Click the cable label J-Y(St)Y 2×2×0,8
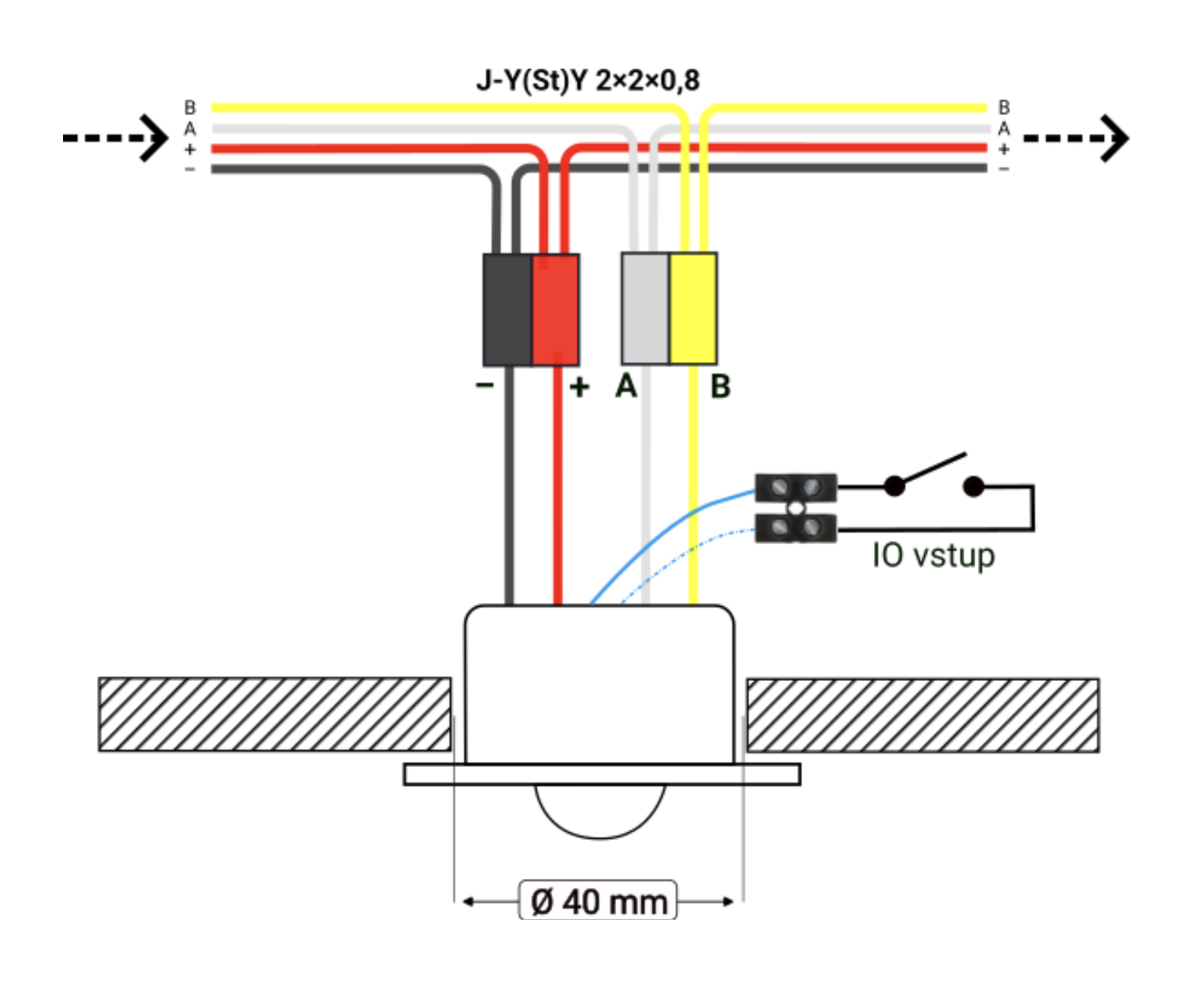[x=588, y=80]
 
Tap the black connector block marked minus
[x=507, y=310]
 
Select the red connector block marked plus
[x=555, y=310]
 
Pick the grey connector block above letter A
[x=645, y=308]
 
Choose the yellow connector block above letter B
[x=693, y=308]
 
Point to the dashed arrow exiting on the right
[x=1076, y=138]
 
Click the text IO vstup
[x=933, y=556]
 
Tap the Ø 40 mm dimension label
[x=598, y=901]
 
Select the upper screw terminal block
[x=796, y=488]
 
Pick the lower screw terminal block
[x=796, y=527]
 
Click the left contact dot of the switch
[x=894, y=486]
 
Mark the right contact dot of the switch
[x=974, y=486]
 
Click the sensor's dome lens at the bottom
[x=600, y=810]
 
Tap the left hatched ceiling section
[x=275, y=714]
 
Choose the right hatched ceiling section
[x=923, y=715]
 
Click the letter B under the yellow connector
[x=720, y=386]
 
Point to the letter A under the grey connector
[x=626, y=386]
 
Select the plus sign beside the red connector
[x=579, y=386]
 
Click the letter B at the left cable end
[x=190, y=107]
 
